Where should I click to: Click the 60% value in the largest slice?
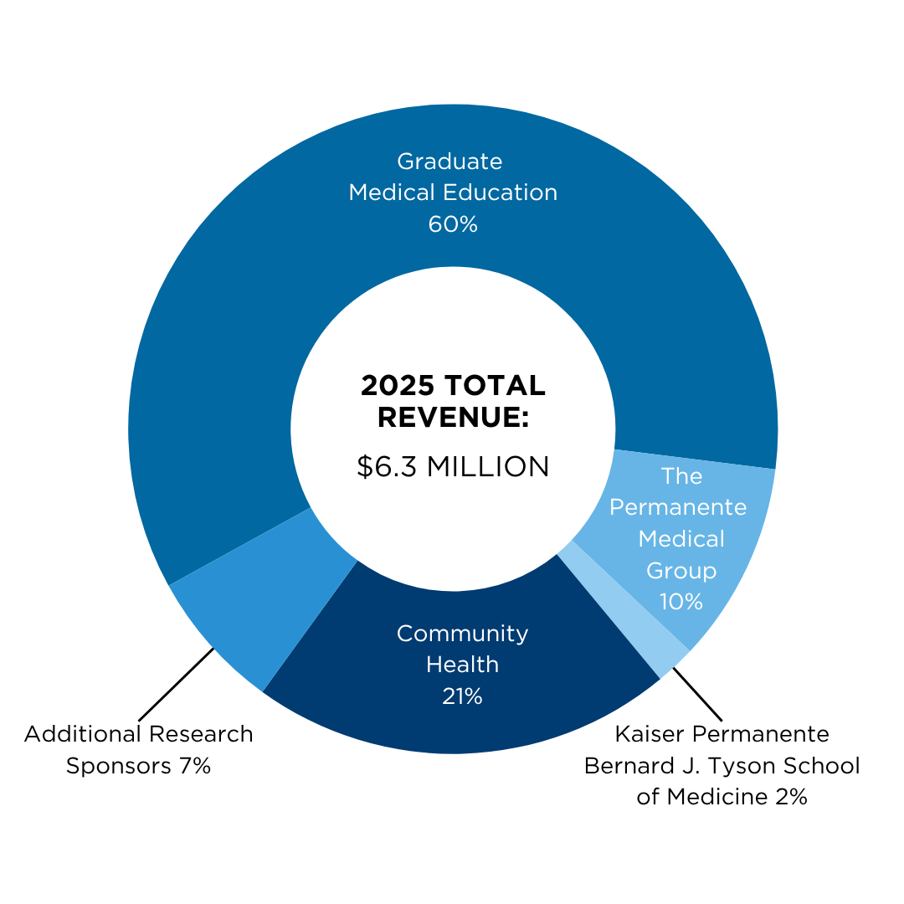pyautogui.click(x=453, y=224)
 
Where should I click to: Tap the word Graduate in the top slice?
pyautogui.click(x=449, y=162)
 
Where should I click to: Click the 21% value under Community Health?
pyautogui.click(x=462, y=696)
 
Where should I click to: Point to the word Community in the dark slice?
pyautogui.click(x=462, y=634)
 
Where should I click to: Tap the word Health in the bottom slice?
pyautogui.click(x=462, y=665)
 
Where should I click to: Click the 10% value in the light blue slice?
pyautogui.click(x=681, y=602)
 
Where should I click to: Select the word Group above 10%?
pyautogui.click(x=681, y=571)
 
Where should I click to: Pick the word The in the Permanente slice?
pyautogui.click(x=681, y=476)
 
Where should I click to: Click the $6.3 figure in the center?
pyautogui.click(x=386, y=466)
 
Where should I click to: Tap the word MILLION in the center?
pyautogui.click(x=488, y=466)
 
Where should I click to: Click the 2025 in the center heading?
pyautogui.click(x=398, y=385)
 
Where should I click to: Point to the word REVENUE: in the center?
pyautogui.click(x=453, y=417)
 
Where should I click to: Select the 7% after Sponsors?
pyautogui.click(x=195, y=766)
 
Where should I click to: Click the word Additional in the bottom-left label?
pyautogui.click(x=82, y=734)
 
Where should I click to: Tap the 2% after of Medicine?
pyautogui.click(x=791, y=797)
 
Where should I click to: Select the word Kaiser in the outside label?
pyautogui.click(x=650, y=734)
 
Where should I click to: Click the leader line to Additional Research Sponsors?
pyautogui.click(x=177, y=685)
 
